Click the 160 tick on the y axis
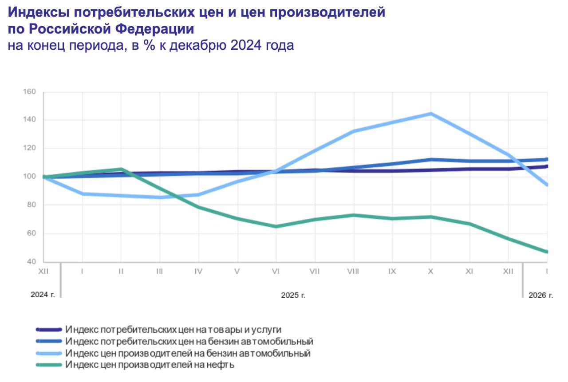[29, 92]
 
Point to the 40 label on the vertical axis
[31, 262]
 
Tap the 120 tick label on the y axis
[29, 148]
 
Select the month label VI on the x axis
[276, 272]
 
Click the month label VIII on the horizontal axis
[353, 272]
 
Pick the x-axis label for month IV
[198, 272]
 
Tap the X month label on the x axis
[430, 272]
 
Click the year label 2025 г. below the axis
[293, 295]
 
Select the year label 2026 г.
[541, 295]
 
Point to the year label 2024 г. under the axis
[43, 295]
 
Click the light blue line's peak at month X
[430, 114]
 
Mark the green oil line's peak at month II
[121, 169]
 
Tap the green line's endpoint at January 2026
[546, 252]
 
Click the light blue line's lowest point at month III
[160, 197]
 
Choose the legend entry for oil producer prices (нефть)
[149, 365]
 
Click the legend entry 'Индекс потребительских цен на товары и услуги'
[173, 330]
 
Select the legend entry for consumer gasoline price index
[189, 342]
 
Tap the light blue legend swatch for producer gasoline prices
[49, 354]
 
